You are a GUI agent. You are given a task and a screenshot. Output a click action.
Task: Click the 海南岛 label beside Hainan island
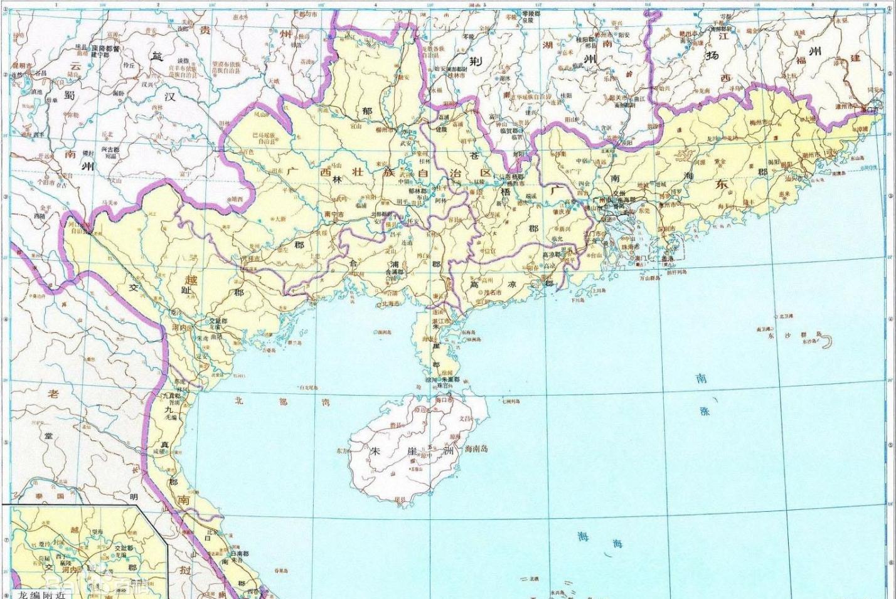[x=476, y=449]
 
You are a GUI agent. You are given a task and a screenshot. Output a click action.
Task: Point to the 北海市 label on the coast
[x=390, y=304]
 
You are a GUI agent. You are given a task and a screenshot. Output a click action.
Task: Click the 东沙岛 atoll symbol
[x=827, y=342]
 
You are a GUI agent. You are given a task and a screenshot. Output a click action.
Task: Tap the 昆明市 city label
[x=22, y=65]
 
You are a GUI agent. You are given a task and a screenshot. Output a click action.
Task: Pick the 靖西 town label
[x=236, y=199]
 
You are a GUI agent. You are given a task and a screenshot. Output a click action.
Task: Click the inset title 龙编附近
[x=40, y=593]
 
